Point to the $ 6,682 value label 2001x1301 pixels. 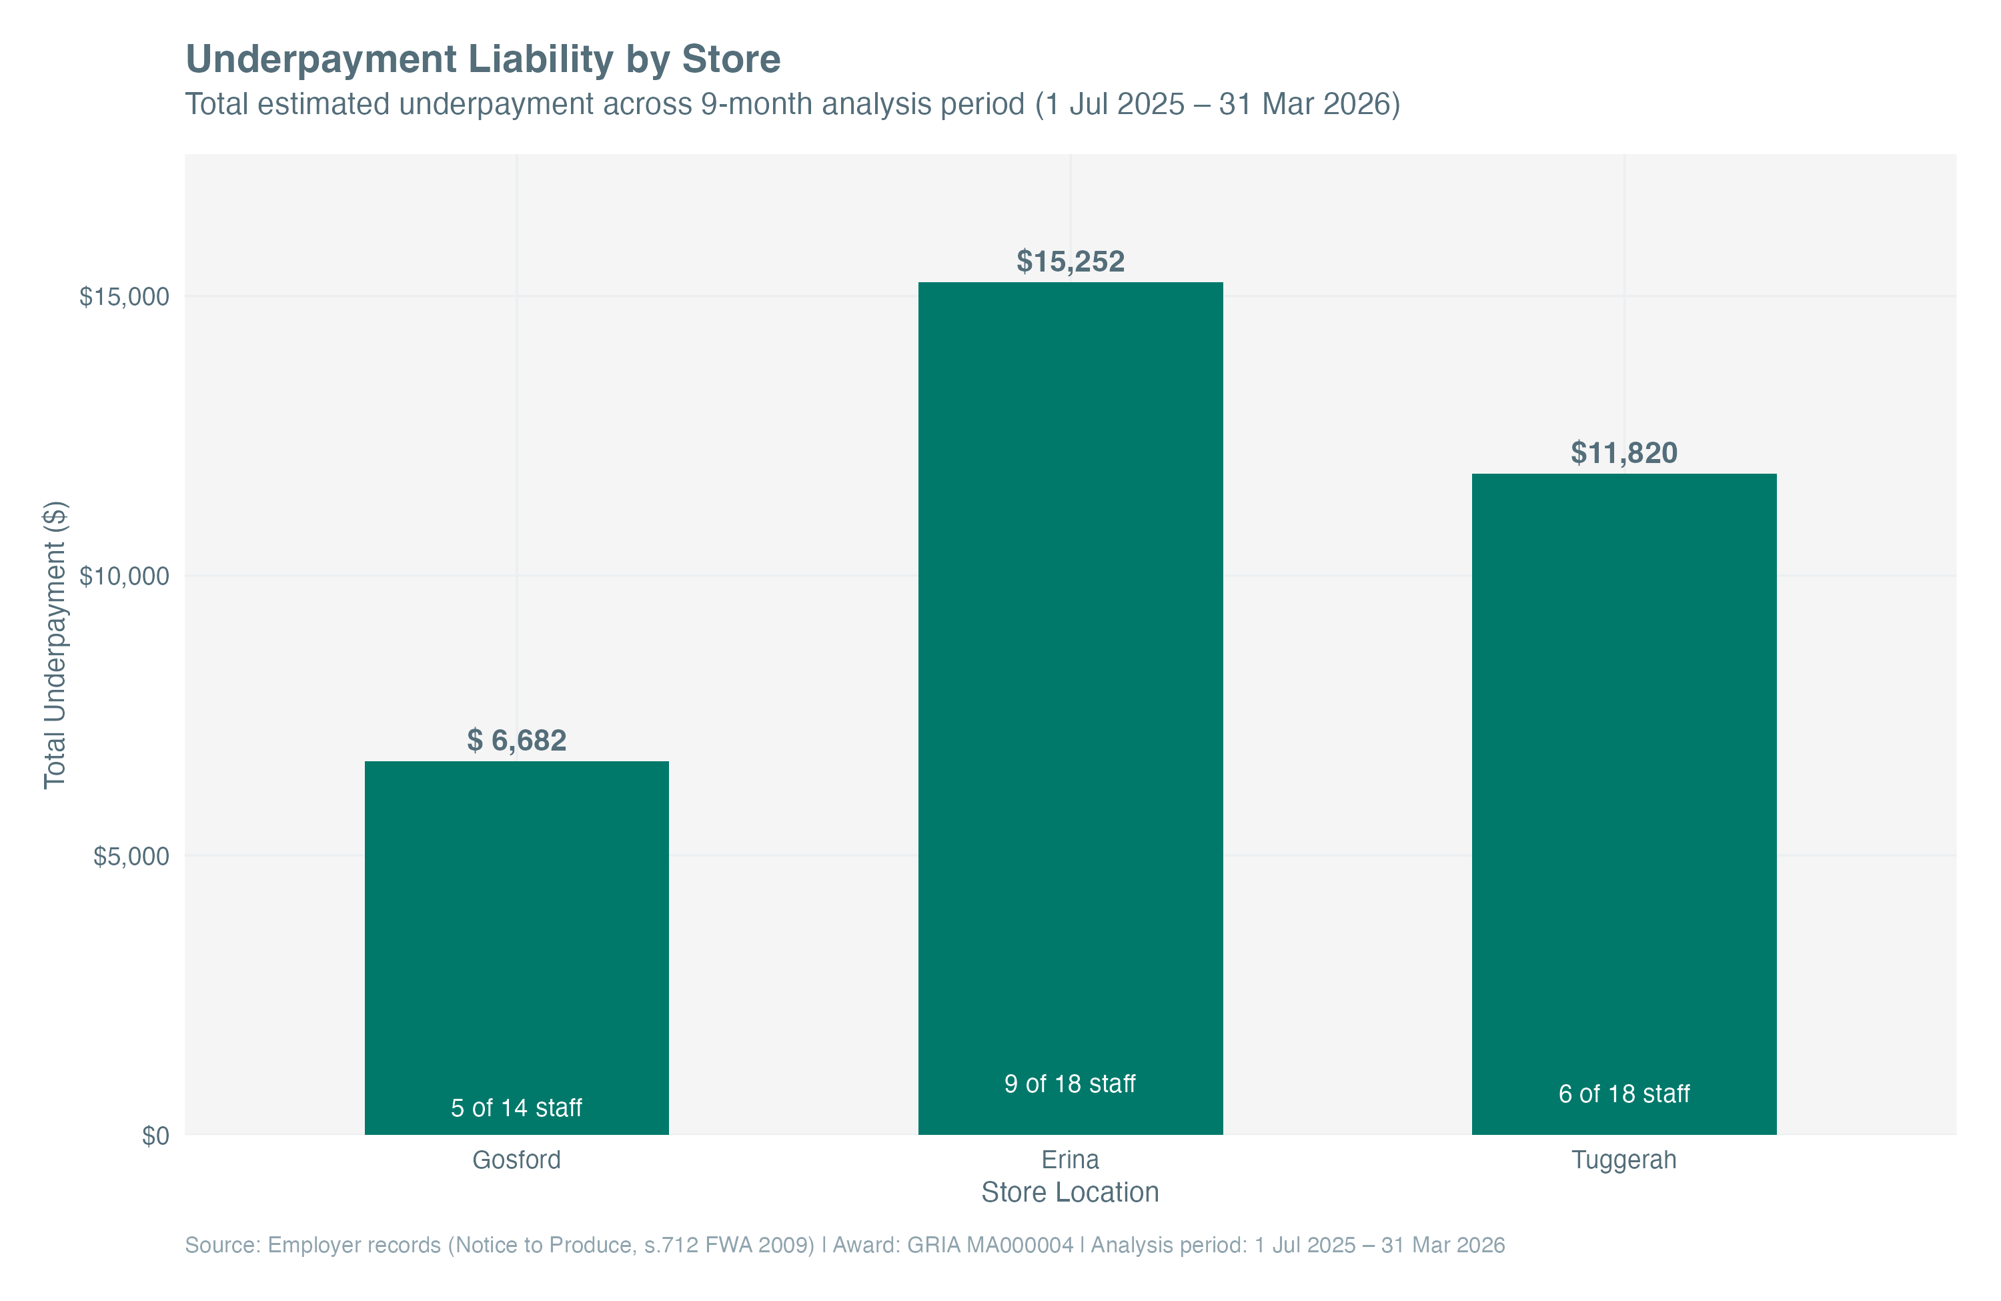pyautogui.click(x=516, y=740)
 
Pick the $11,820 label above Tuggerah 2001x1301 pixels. pyautogui.click(x=1623, y=453)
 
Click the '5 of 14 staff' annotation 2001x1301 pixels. pyautogui.click(x=516, y=1108)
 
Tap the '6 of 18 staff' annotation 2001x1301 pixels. pyautogui.click(x=1623, y=1094)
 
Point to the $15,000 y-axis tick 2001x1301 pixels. pyautogui.click(x=125, y=297)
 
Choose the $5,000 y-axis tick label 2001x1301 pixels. pyautogui.click(x=131, y=856)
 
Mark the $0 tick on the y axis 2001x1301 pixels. pyautogui.click(x=155, y=1136)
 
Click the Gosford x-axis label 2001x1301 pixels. pyautogui.click(x=516, y=1160)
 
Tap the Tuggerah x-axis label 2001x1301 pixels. pyautogui.click(x=1623, y=1160)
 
